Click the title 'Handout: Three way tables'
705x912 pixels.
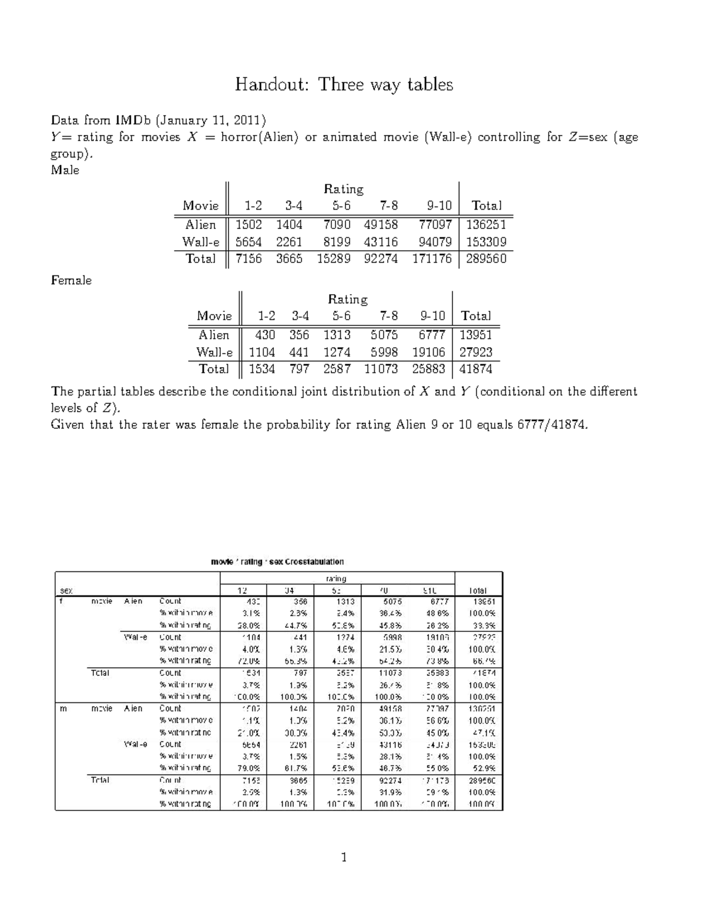point(344,85)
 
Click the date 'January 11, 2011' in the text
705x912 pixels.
point(210,120)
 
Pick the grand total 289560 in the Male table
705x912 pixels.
point(486,258)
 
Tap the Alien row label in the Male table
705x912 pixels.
point(200,224)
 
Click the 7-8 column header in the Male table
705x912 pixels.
point(388,206)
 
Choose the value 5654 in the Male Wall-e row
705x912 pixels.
point(249,241)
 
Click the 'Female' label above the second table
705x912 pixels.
point(71,280)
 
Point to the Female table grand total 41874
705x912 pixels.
point(476,369)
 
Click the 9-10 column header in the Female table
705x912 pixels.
point(432,316)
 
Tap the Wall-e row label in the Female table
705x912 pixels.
point(214,352)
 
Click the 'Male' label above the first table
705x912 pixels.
point(65,170)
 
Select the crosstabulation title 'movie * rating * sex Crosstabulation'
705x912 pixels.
point(277,561)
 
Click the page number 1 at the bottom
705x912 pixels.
point(344,857)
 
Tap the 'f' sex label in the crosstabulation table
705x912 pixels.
point(61,601)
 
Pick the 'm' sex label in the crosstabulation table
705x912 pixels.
point(62,708)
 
